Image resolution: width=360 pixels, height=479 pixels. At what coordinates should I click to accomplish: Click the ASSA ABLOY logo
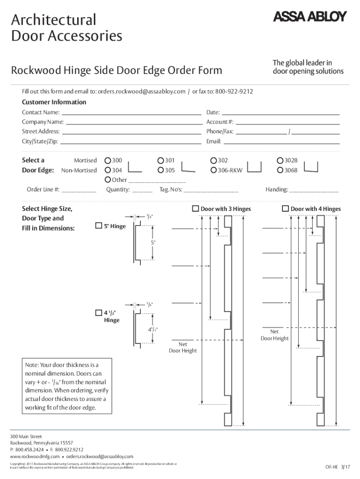tap(310, 17)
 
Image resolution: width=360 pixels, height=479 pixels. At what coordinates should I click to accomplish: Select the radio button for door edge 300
tap(108, 160)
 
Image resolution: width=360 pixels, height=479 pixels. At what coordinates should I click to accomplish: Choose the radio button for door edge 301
tap(161, 160)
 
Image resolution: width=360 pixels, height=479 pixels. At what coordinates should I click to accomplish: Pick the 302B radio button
tap(281, 160)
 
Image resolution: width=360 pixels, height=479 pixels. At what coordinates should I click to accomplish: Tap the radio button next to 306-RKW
tap(214, 170)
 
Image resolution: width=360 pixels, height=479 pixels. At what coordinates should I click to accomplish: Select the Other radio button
tap(108, 180)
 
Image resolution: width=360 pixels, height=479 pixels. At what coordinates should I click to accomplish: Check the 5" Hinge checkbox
tap(99, 226)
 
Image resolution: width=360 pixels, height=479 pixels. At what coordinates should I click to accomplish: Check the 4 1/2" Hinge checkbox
tap(99, 312)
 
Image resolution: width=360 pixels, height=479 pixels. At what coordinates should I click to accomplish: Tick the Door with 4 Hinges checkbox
tap(285, 209)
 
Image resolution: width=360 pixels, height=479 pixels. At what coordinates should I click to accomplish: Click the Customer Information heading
tap(54, 102)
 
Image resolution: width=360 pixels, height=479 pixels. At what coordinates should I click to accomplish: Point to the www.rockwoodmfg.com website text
tap(35, 456)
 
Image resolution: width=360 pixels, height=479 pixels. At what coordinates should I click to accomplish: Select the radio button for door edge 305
tap(161, 170)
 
